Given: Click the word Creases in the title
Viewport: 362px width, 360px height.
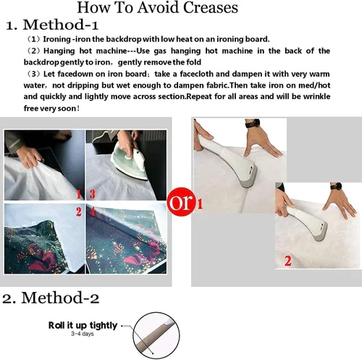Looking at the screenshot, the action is tap(211, 7).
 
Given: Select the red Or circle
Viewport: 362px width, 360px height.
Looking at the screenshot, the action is tap(181, 202).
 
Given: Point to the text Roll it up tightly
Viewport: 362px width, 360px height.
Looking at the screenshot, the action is tap(83, 325).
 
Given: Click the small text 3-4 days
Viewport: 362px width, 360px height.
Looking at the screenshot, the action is tap(83, 334).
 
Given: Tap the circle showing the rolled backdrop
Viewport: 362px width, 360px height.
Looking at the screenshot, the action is tap(156, 336).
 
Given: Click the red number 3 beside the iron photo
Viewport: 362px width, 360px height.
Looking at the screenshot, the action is tap(93, 194).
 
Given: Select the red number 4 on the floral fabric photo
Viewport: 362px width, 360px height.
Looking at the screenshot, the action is tap(93, 212).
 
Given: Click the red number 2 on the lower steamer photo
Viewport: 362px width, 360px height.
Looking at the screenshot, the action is tap(287, 261).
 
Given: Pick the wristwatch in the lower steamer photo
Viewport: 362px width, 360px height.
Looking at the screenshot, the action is tap(336, 187).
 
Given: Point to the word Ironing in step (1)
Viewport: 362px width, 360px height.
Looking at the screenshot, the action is tap(56, 39).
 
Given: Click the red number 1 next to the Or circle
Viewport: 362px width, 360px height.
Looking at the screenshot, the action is tap(199, 204).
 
